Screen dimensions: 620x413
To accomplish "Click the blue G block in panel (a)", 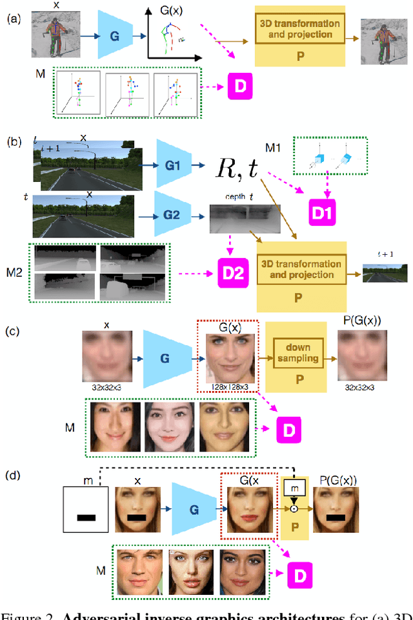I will (115, 37).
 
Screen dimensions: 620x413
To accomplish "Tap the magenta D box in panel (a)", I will (239, 85).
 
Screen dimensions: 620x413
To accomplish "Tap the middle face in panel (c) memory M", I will (170, 427).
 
